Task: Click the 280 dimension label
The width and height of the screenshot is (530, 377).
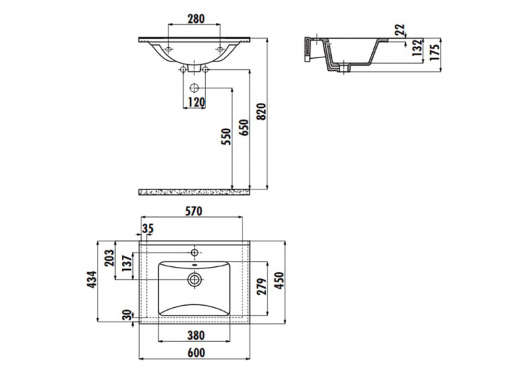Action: [x=195, y=19]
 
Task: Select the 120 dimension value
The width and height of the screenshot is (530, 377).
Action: [x=195, y=102]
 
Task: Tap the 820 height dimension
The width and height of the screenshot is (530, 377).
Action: [x=262, y=112]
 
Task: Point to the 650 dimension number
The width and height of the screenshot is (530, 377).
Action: [x=244, y=127]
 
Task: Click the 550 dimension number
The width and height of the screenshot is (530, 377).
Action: [x=226, y=137]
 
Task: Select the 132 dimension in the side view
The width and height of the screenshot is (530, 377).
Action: [x=417, y=48]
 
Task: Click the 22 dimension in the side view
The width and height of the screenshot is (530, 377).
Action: [x=400, y=30]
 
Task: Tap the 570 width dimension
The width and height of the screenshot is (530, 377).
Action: [x=193, y=211]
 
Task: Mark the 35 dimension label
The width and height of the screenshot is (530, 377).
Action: [x=148, y=229]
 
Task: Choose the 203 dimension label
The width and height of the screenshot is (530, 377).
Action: [x=109, y=258]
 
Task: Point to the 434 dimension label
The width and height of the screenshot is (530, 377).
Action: [x=91, y=279]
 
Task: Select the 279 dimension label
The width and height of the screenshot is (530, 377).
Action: [x=262, y=286]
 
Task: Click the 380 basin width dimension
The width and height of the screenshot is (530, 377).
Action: [x=195, y=335]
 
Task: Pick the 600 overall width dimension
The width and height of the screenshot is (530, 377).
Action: [x=195, y=353]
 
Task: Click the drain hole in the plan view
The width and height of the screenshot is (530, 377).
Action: [x=195, y=279]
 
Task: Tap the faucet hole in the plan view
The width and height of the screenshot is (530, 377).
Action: [x=195, y=252]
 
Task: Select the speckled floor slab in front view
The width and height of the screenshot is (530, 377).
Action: [x=194, y=192]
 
